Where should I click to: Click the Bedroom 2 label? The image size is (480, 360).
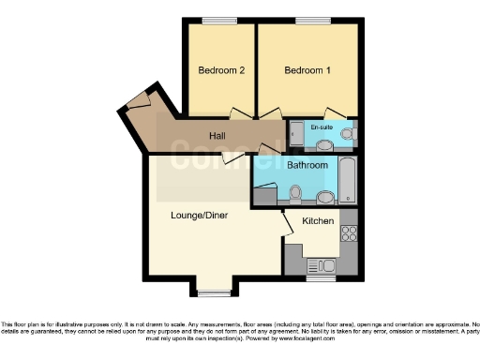click(x=221, y=70)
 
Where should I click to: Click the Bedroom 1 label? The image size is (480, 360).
click(x=307, y=70)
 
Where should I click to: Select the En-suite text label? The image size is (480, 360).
click(x=322, y=127)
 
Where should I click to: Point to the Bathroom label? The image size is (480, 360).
click(x=307, y=165)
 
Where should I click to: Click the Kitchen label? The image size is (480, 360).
click(x=318, y=221)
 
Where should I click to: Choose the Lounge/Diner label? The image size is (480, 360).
click(x=200, y=215)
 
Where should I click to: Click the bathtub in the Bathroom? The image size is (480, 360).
click(x=346, y=181)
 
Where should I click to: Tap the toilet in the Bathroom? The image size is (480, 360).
click(x=295, y=194)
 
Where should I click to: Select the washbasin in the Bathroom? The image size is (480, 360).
click(x=325, y=197)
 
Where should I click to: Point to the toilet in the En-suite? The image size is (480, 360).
click(x=348, y=136)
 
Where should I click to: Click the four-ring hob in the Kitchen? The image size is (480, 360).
click(x=351, y=230)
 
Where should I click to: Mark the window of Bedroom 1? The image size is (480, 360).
click(x=307, y=20)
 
